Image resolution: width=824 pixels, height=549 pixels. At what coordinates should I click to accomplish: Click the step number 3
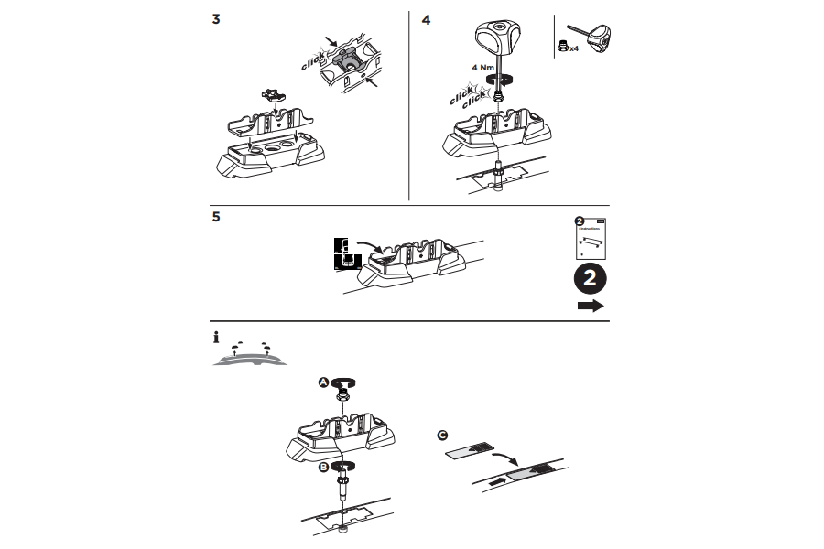tap(215, 20)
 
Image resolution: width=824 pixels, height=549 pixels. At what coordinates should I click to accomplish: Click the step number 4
tap(426, 20)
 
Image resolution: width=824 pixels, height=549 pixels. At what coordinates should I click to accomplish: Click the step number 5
tap(215, 219)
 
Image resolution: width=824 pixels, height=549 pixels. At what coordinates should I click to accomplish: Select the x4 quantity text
tap(573, 48)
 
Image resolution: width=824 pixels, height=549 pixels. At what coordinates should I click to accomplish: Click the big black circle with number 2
tap(591, 278)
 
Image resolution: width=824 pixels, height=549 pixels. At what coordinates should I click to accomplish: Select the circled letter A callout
tap(323, 383)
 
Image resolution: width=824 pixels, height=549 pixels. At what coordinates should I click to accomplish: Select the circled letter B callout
tap(323, 467)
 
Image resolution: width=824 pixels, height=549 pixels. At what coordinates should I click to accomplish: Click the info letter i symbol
tap(216, 338)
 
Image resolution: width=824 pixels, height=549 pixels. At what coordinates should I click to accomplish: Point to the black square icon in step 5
tap(343, 255)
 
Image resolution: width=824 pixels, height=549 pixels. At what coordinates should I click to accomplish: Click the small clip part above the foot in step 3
tap(271, 93)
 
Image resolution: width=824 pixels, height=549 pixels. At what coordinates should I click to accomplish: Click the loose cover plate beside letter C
tap(468, 450)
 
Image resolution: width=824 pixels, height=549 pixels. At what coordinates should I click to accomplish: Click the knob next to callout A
tap(347, 383)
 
